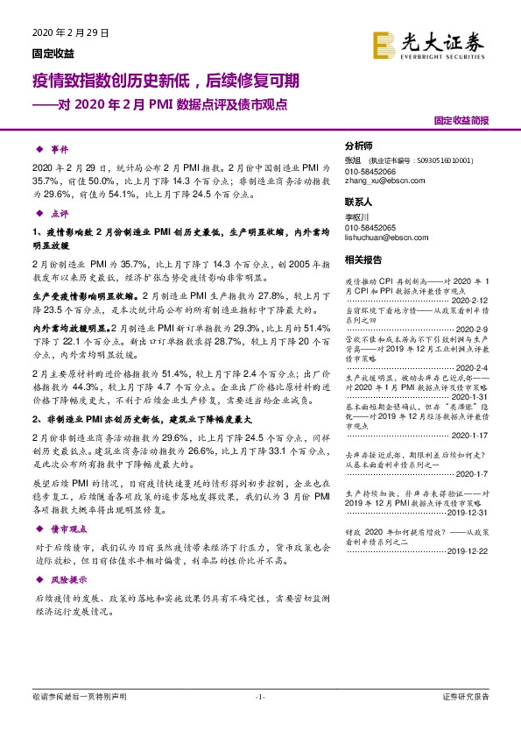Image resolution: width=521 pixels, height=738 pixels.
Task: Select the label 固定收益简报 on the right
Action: (461, 120)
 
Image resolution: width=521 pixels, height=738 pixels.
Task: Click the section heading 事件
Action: (59, 150)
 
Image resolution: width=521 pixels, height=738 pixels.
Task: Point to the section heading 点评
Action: (59, 213)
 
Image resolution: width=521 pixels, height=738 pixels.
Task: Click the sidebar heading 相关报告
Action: (363, 259)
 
